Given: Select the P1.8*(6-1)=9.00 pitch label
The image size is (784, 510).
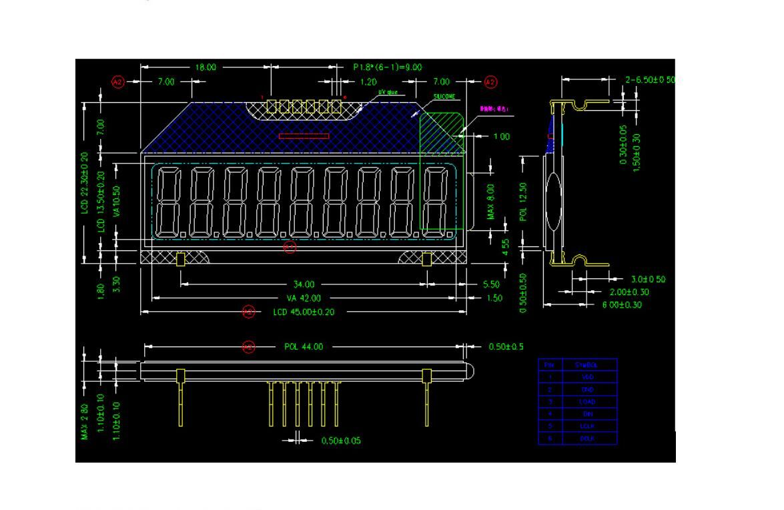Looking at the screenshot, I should coord(387,67).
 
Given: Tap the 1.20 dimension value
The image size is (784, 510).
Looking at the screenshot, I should coord(368,82).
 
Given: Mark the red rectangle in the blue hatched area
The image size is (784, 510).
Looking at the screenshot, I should coord(304,136).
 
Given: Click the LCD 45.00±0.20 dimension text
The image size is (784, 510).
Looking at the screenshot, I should coord(304,312).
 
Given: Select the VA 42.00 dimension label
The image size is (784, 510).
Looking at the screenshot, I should coord(304,298).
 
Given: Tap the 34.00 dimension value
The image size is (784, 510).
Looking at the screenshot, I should coord(304,284).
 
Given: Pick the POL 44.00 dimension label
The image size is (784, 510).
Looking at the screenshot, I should coord(304,346).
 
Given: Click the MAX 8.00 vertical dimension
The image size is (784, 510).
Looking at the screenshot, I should coord(490,202).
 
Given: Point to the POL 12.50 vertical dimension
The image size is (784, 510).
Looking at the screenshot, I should coord(524,202).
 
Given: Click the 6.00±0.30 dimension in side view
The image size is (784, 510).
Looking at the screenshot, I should coord(622,305).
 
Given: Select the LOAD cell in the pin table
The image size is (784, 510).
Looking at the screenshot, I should coord(587,402).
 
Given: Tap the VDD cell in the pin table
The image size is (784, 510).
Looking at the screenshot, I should coord(587,377).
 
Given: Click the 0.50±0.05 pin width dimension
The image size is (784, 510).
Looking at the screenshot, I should coord(341,441).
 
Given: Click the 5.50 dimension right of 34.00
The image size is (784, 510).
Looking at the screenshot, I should coord(492,284).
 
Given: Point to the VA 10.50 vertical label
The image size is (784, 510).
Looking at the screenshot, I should coord(117,202).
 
